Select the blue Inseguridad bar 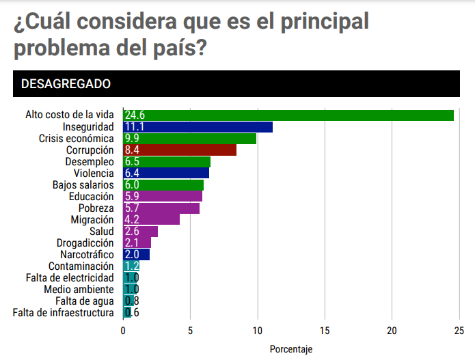tap(198, 127)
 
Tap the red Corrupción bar tap(180, 150)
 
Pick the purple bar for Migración tap(152, 220)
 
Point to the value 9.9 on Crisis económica tap(133, 139)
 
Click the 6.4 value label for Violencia tap(133, 174)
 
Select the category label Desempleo tap(89, 162)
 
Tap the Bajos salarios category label tap(83, 185)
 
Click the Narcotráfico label tap(85, 255)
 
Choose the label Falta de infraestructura tap(63, 313)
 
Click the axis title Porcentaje tap(290, 349)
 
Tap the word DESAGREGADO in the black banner tap(66, 84)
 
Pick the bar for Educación tap(163, 197)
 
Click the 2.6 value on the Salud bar tap(132, 232)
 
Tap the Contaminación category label tap(81, 266)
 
